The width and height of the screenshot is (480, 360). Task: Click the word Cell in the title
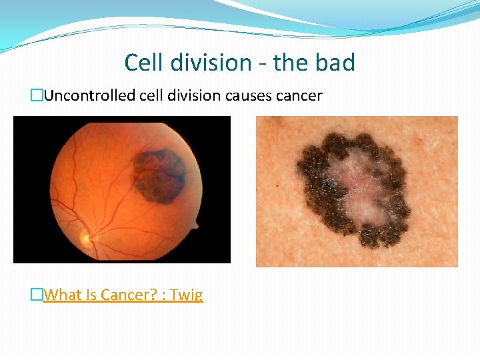tap(141, 63)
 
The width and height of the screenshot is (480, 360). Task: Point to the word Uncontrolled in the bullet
tap(90, 96)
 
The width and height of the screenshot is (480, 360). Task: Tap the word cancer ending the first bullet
tap(300, 96)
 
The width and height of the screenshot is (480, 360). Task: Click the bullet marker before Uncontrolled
tap(37, 96)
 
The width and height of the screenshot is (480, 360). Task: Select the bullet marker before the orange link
tap(37, 295)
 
